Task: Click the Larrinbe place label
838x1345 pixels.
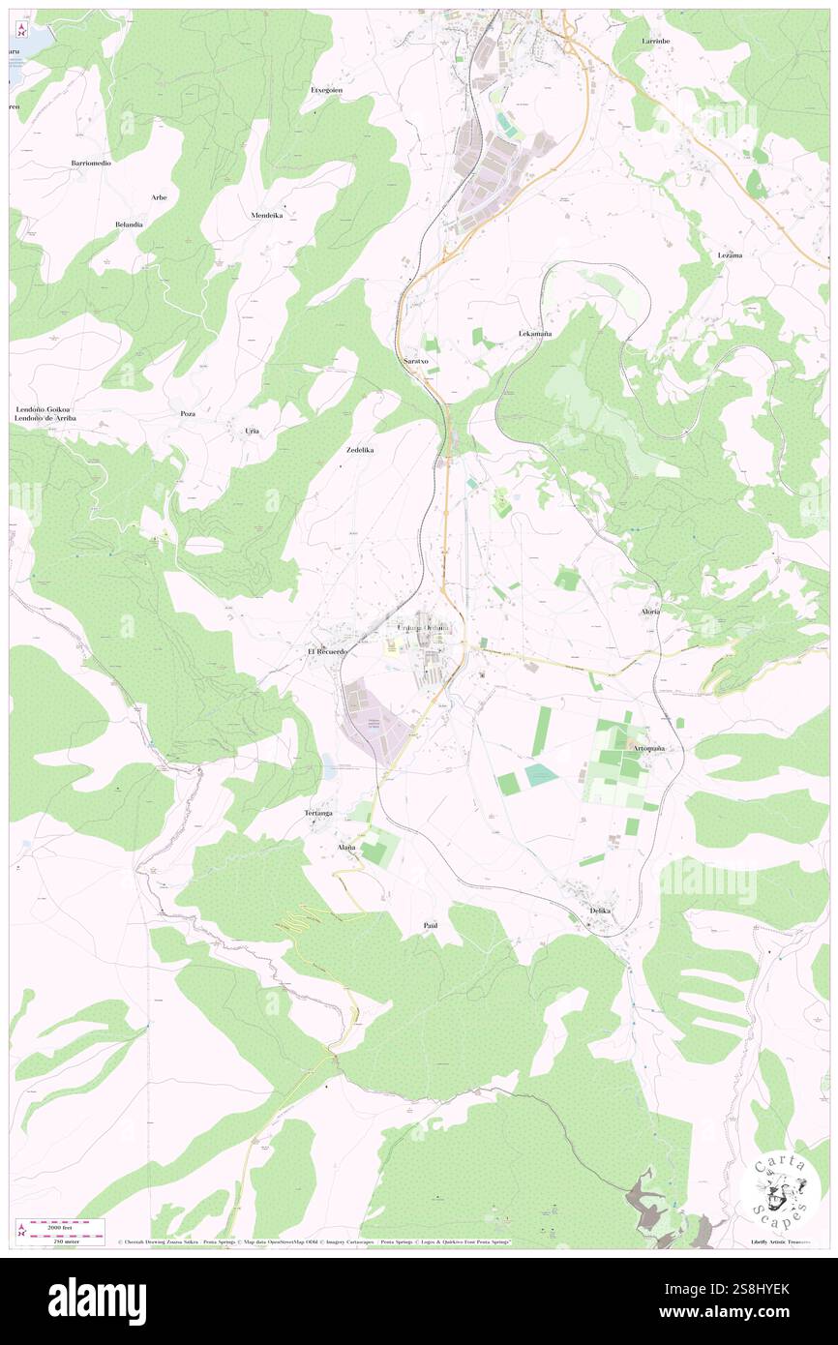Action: [x=655, y=42]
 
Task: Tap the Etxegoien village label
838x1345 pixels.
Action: [x=326, y=89]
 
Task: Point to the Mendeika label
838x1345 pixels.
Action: [x=266, y=215]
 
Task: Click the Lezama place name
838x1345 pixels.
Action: [x=730, y=254]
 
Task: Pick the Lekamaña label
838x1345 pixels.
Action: [x=535, y=333]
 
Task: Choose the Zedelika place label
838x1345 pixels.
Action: [x=359, y=451]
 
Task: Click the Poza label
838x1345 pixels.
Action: [x=188, y=413]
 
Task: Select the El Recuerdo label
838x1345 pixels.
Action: [x=327, y=652]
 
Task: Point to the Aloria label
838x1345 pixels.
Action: [x=650, y=612]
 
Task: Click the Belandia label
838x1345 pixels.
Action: [x=129, y=224]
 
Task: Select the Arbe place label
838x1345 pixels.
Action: [x=159, y=197]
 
